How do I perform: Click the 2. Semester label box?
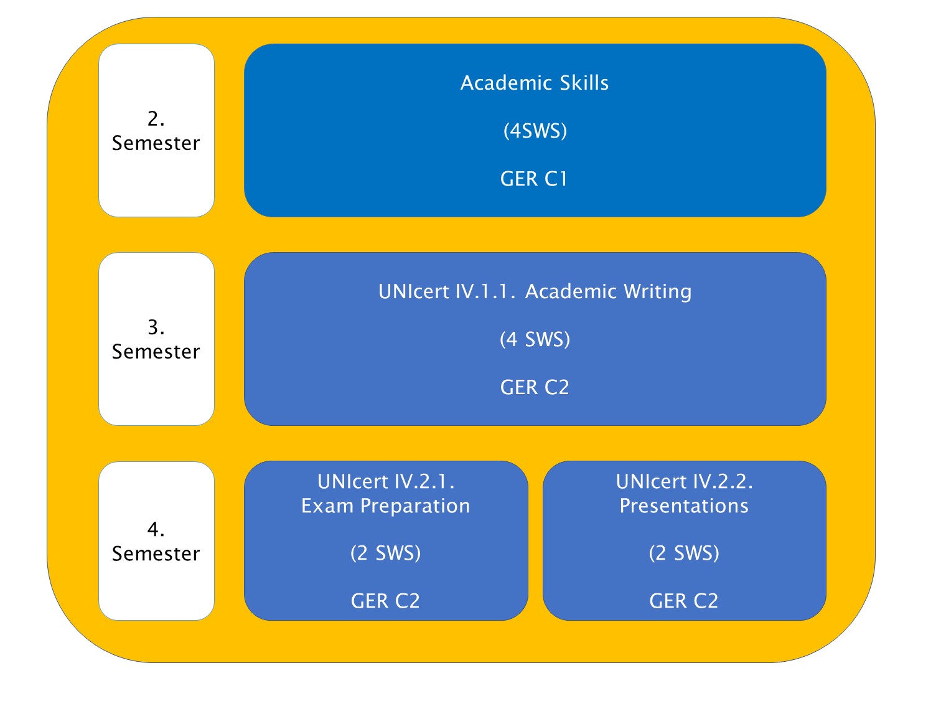(156, 130)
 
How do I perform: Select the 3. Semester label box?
(156, 339)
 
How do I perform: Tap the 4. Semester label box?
(156, 541)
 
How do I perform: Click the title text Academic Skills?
(535, 83)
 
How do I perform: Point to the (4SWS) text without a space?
(535, 131)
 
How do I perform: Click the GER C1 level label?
(534, 179)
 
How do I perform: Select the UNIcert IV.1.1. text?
(447, 291)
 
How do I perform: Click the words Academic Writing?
(608, 292)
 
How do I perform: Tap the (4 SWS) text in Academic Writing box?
(535, 339)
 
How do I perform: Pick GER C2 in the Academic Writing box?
(535, 387)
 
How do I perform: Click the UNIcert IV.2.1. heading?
(386, 481)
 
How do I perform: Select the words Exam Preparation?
(386, 506)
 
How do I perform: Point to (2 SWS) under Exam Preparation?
(386, 553)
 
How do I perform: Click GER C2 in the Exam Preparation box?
(385, 601)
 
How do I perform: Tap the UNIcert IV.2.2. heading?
(684, 481)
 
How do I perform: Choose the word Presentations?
(684, 506)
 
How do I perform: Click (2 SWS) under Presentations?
(684, 553)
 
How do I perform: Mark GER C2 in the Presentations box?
(684, 601)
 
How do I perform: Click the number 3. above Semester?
(156, 327)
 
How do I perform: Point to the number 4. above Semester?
(156, 529)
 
